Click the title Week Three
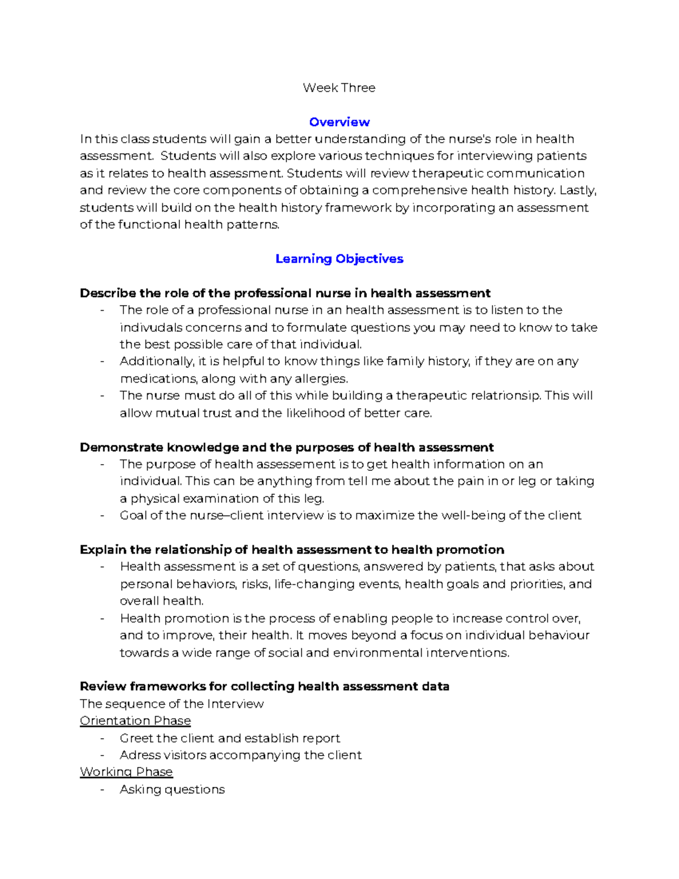[x=339, y=88]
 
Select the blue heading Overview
[x=339, y=122]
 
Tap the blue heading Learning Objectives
[x=339, y=259]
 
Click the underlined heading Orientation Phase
[x=135, y=721]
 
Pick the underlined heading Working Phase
[x=126, y=772]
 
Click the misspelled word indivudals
[x=151, y=328]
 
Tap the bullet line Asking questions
[x=172, y=790]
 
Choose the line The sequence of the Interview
[x=171, y=704]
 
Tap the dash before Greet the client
[x=102, y=738]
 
